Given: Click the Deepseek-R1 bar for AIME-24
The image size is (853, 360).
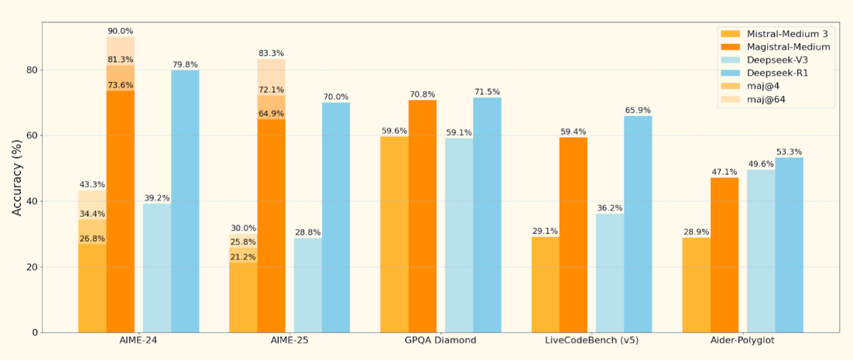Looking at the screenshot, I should coord(185,201).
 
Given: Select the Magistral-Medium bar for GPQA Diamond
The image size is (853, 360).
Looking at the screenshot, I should coord(422,216).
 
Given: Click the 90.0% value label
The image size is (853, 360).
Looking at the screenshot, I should coord(120,31).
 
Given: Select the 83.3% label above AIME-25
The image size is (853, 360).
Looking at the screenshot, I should coord(271,53).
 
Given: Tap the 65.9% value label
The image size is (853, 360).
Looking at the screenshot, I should coord(638,110).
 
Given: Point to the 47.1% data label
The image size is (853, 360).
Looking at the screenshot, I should coord(724,172).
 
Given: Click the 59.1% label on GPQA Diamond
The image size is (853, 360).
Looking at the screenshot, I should coord(459,132).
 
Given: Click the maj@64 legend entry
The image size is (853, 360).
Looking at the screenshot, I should coord(766,100).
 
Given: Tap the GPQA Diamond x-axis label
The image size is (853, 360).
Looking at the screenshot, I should coord(440,341).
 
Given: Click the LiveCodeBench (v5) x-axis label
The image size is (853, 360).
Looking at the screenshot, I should coord(591,341).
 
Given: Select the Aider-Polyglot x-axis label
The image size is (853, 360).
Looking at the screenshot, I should coord(742,341).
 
